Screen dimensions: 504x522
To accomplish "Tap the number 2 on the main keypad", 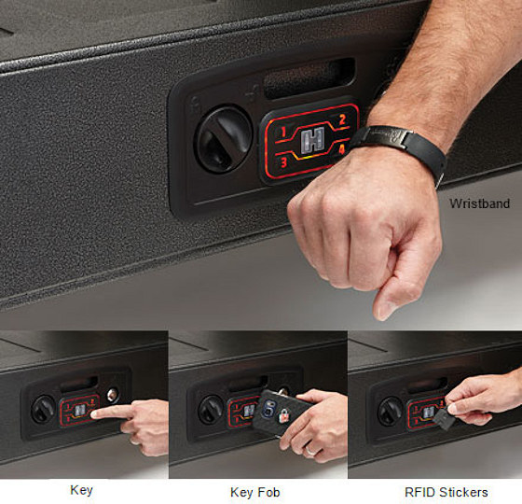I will pos(342,119).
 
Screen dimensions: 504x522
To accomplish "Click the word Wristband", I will pos(480,203).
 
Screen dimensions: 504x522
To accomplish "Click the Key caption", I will pos(82,489).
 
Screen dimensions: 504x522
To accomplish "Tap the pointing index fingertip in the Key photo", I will pos(96,412).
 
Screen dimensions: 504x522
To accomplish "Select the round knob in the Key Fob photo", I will pos(211,409).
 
